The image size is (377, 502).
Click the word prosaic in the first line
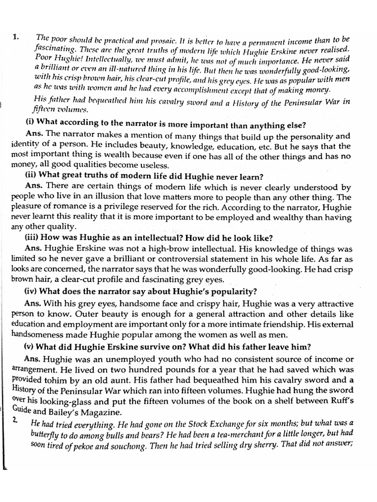click(x=149, y=40)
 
